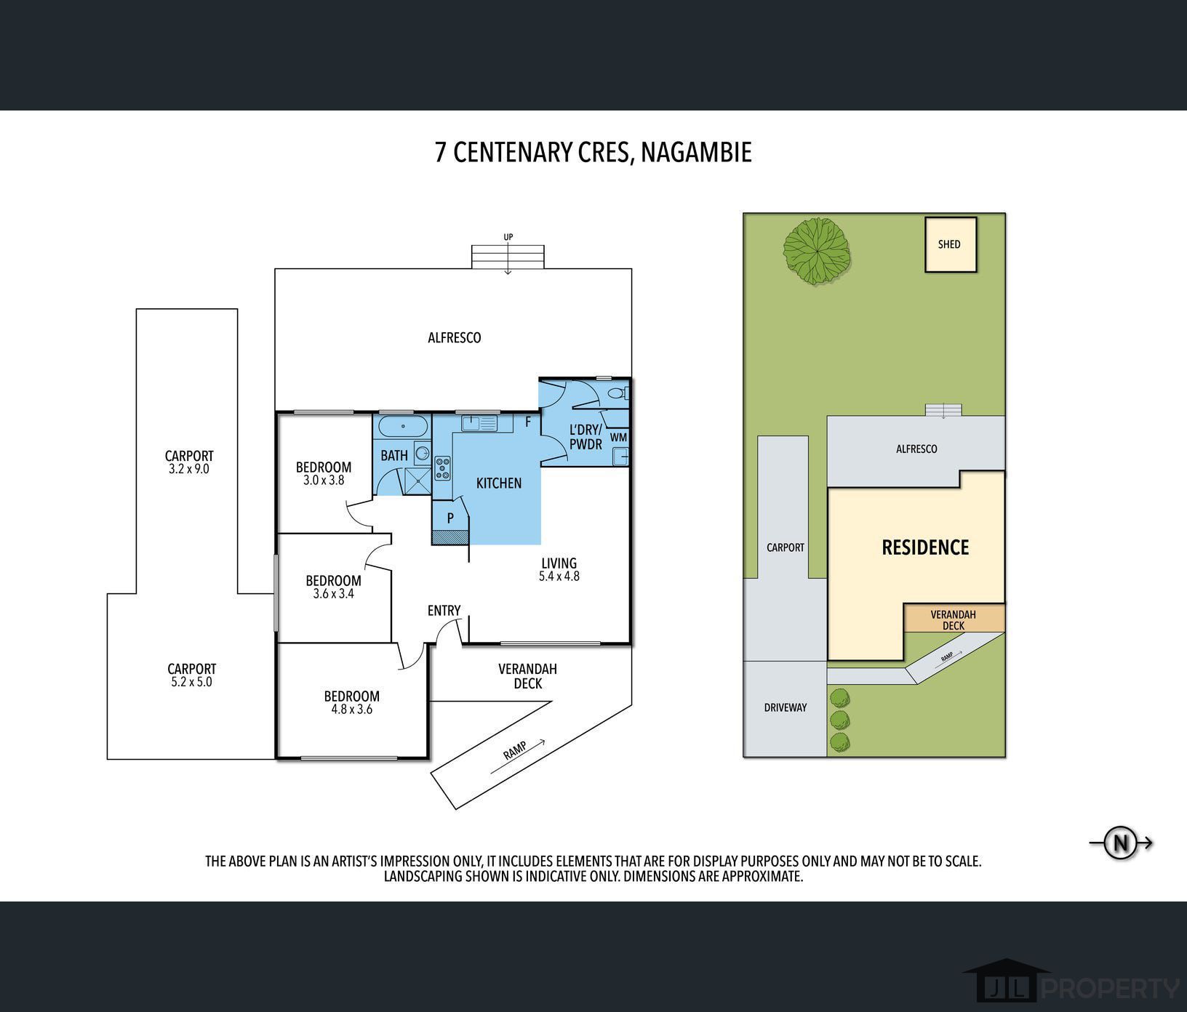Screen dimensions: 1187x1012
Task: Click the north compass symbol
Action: pyautogui.click(x=1121, y=843)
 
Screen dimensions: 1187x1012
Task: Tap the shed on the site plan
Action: pyautogui.click(x=950, y=244)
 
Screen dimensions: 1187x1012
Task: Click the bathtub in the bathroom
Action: pyautogui.click(x=396, y=425)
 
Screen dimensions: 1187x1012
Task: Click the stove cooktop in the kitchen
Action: pyautogui.click(x=442, y=468)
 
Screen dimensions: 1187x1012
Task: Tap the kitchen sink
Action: pyautogui.click(x=479, y=422)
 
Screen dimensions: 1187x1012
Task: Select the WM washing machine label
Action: pyautogui.click(x=618, y=437)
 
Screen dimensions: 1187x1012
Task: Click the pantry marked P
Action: pyautogui.click(x=450, y=519)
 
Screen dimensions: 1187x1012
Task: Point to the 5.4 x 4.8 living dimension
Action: pyautogui.click(x=559, y=577)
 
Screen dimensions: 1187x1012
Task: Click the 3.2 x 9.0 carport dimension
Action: pyautogui.click(x=189, y=470)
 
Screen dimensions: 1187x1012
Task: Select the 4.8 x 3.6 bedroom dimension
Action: pyautogui.click(x=351, y=710)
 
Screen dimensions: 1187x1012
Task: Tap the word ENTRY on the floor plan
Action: pyautogui.click(x=444, y=611)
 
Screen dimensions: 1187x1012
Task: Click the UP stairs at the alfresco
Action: pyautogui.click(x=508, y=257)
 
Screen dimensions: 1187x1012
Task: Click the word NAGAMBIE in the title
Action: pyautogui.click(x=696, y=153)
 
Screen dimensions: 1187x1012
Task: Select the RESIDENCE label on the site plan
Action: pyautogui.click(x=925, y=547)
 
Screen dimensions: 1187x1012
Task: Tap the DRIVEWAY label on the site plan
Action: pyautogui.click(x=786, y=707)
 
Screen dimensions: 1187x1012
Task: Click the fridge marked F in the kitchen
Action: pyautogui.click(x=528, y=422)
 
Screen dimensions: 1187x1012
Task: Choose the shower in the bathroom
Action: pyautogui.click(x=417, y=481)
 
